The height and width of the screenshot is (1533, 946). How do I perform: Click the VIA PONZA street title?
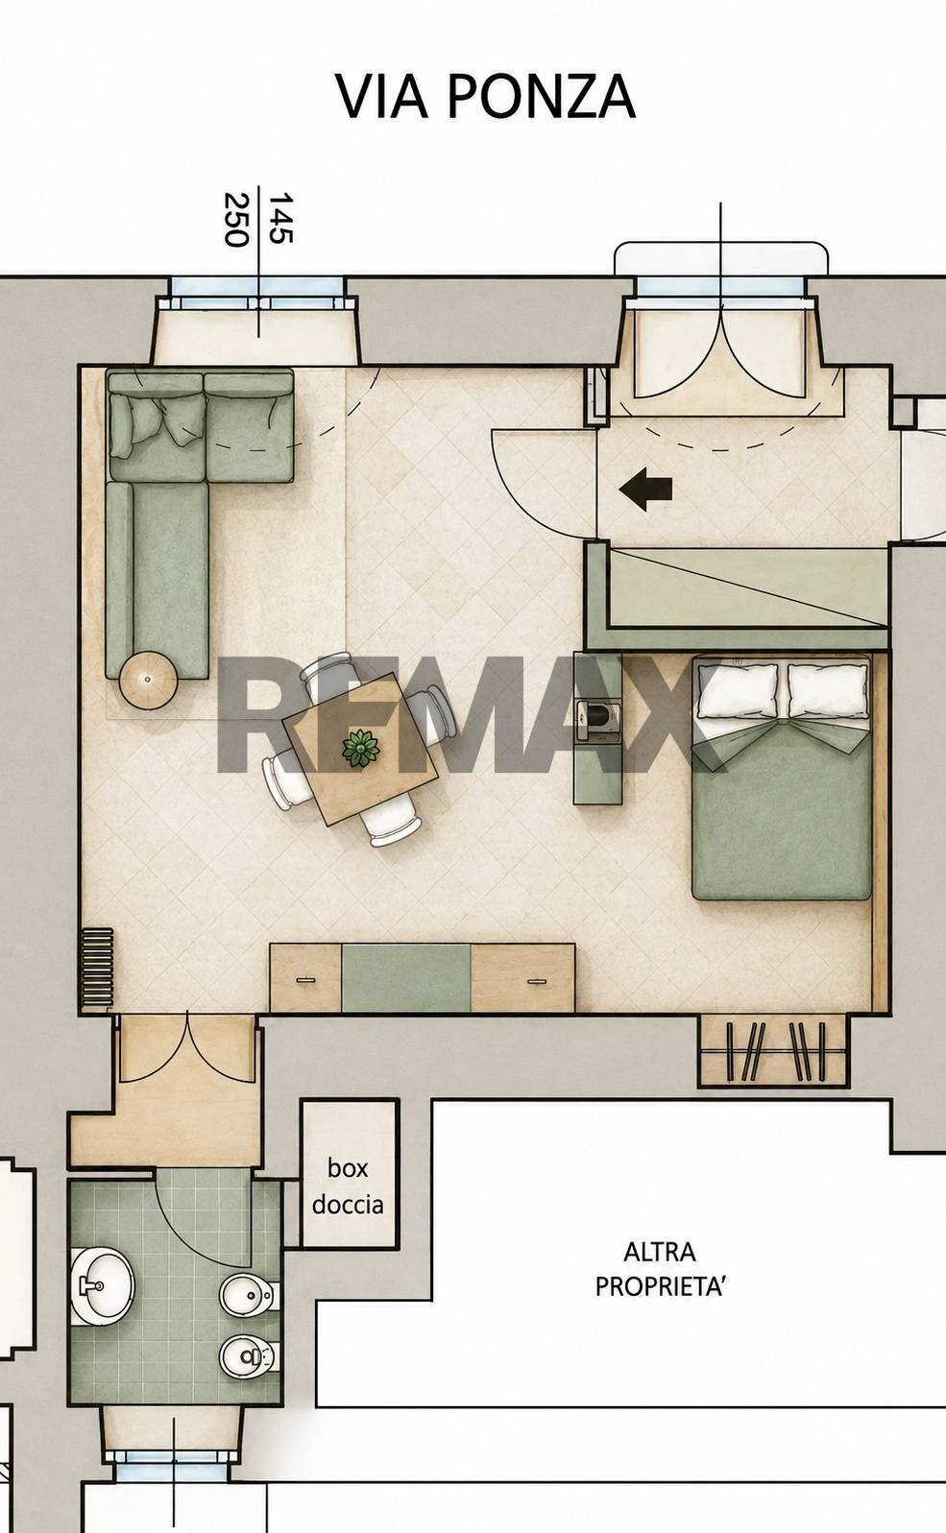486,97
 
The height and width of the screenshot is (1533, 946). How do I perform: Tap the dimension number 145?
280,218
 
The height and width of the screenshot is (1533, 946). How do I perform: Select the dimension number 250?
236,219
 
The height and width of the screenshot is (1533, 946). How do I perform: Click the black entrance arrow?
645,490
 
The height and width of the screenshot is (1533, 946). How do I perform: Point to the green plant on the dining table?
361,748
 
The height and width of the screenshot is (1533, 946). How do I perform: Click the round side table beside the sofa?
149,680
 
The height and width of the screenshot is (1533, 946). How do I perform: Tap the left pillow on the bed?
738,690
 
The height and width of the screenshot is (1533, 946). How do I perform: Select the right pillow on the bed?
827,690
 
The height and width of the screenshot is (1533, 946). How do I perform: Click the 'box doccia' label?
348,1186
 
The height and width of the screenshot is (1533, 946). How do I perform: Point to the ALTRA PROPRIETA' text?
660,1270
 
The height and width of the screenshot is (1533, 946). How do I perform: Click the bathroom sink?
103,1286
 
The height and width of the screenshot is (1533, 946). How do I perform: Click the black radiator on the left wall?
96,968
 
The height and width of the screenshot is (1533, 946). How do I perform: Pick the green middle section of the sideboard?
406,977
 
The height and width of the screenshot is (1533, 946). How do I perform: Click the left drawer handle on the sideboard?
304,980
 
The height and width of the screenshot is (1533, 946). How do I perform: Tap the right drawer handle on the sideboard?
536,981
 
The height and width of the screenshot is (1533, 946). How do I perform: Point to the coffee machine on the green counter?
598,719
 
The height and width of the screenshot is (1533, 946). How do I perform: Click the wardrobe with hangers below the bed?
773,1050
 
